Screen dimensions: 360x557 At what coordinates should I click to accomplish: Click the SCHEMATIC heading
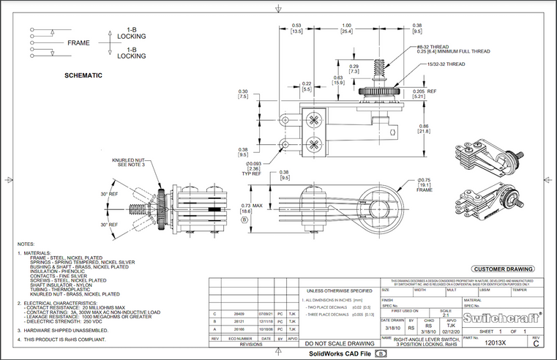(x=83, y=75)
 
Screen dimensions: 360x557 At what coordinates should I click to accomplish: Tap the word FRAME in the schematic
(x=78, y=43)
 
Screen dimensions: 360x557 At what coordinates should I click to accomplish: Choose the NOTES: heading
(x=26, y=244)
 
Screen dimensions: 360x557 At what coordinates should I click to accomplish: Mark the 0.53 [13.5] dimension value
(x=297, y=29)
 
